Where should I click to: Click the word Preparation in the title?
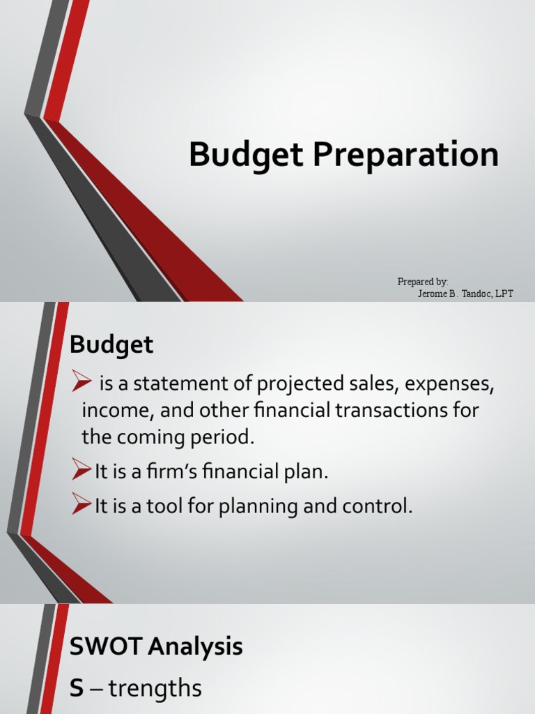coord(405,155)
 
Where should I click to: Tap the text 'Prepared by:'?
coord(423,282)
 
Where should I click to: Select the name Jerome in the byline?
coord(434,294)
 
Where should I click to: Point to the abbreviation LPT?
coord(503,294)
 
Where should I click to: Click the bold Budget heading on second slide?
coord(111,344)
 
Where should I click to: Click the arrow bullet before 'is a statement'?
coord(82,381)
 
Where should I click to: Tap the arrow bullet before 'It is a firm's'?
coord(82,471)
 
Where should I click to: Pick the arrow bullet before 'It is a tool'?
coord(82,506)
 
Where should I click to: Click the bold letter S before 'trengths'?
coord(77,689)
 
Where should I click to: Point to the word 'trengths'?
coord(154,690)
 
